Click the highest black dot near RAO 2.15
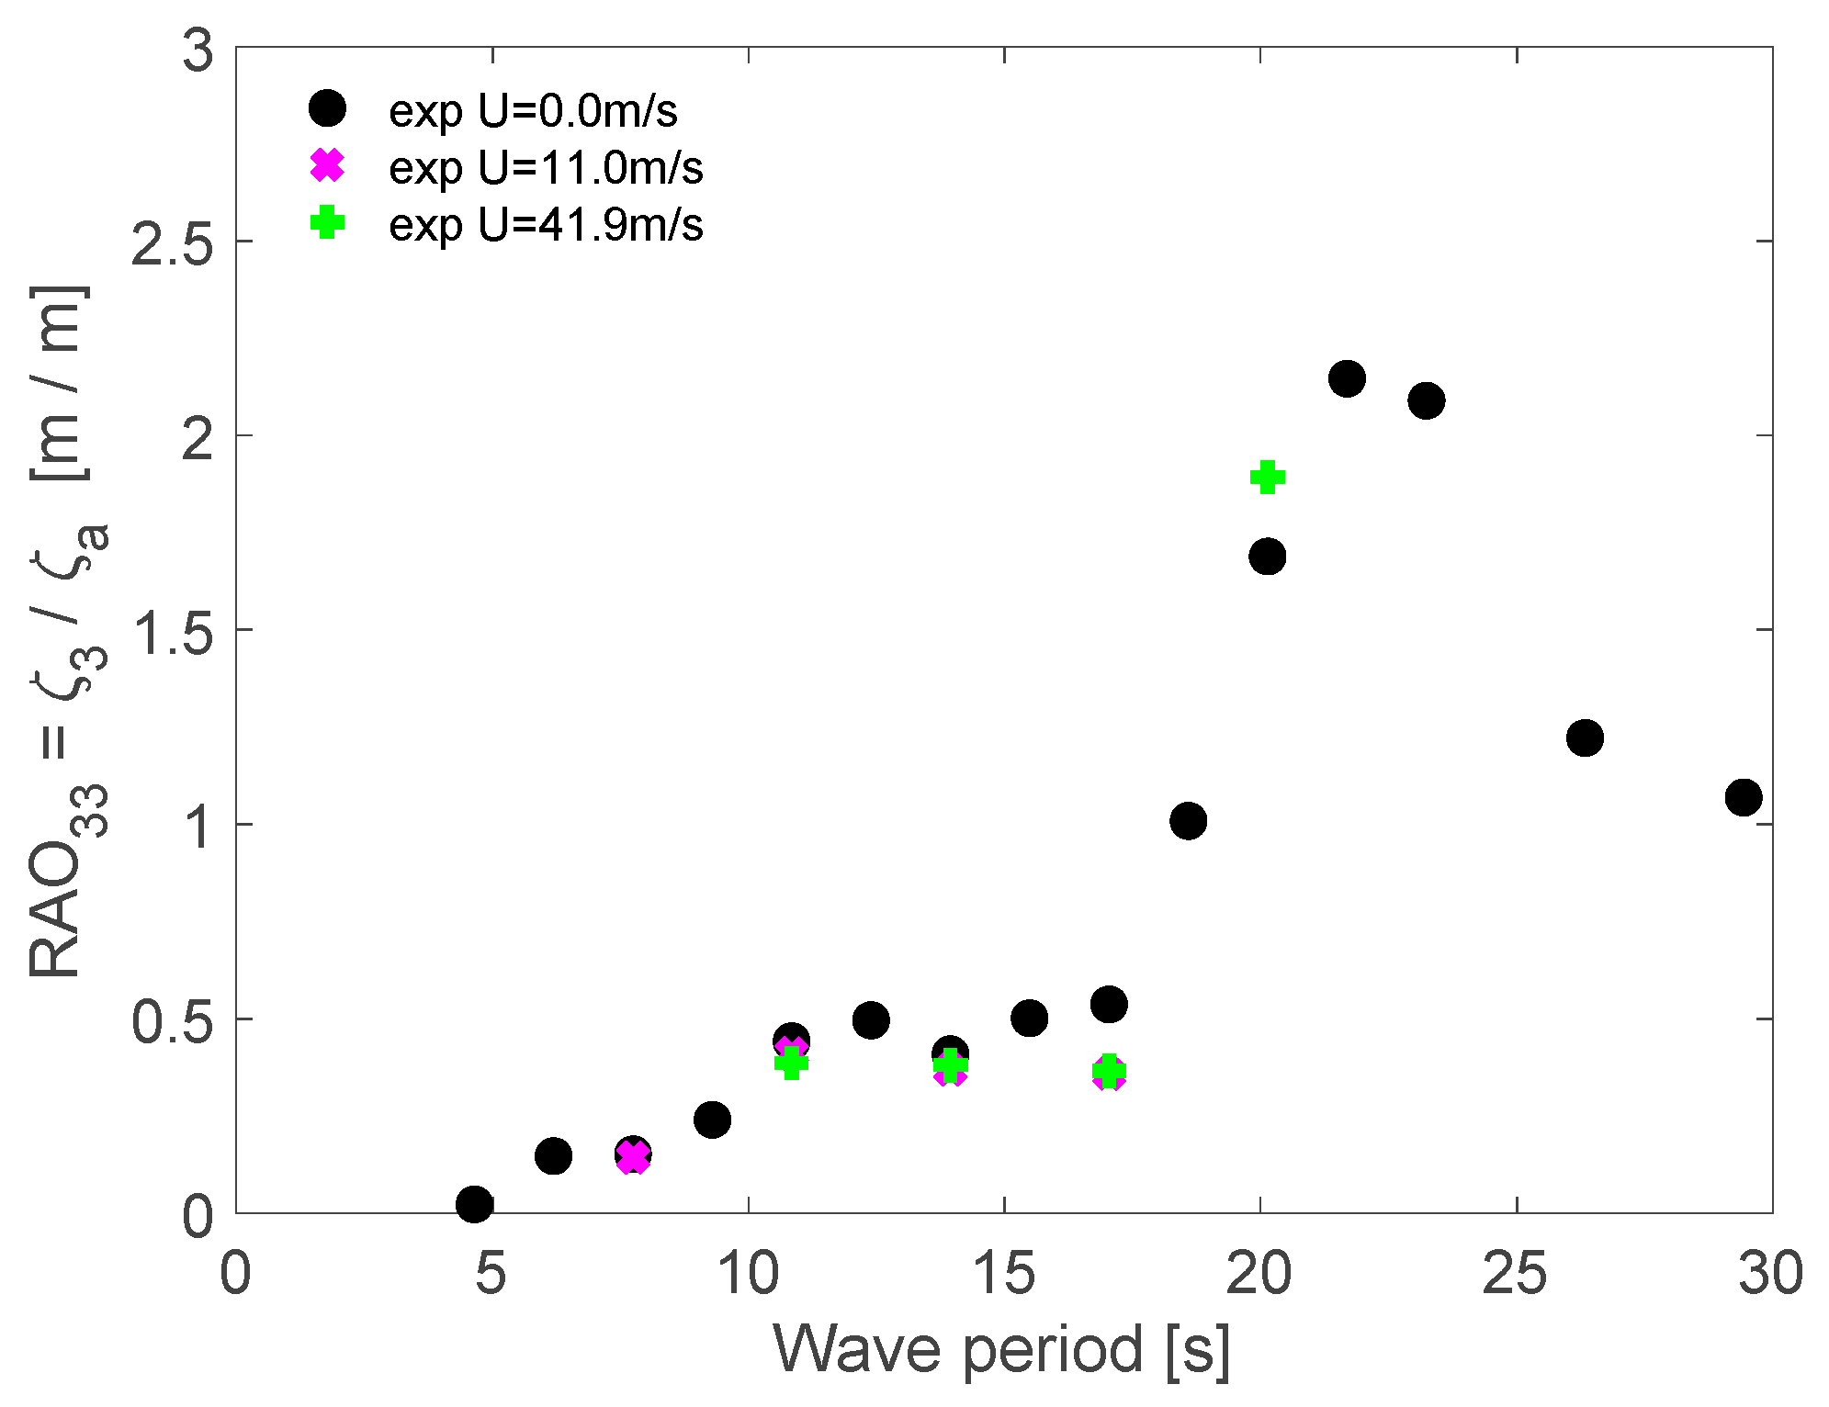point(1347,378)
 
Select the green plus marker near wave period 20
point(1267,477)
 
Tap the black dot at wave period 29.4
point(1743,797)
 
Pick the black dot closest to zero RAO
point(474,1203)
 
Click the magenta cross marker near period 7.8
point(633,1156)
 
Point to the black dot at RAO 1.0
point(1188,821)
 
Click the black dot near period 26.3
point(1585,737)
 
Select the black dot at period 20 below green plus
point(1267,557)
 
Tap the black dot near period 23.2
point(1426,400)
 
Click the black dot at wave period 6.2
point(553,1155)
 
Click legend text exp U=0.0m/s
point(533,111)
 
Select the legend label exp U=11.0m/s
point(546,168)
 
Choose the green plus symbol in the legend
point(327,222)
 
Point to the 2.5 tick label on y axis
point(172,244)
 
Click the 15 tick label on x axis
point(1003,1275)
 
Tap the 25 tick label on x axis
point(1515,1275)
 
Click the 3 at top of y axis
point(198,51)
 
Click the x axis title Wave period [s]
point(1001,1349)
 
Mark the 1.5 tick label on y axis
point(172,634)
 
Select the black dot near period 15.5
point(1029,1018)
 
